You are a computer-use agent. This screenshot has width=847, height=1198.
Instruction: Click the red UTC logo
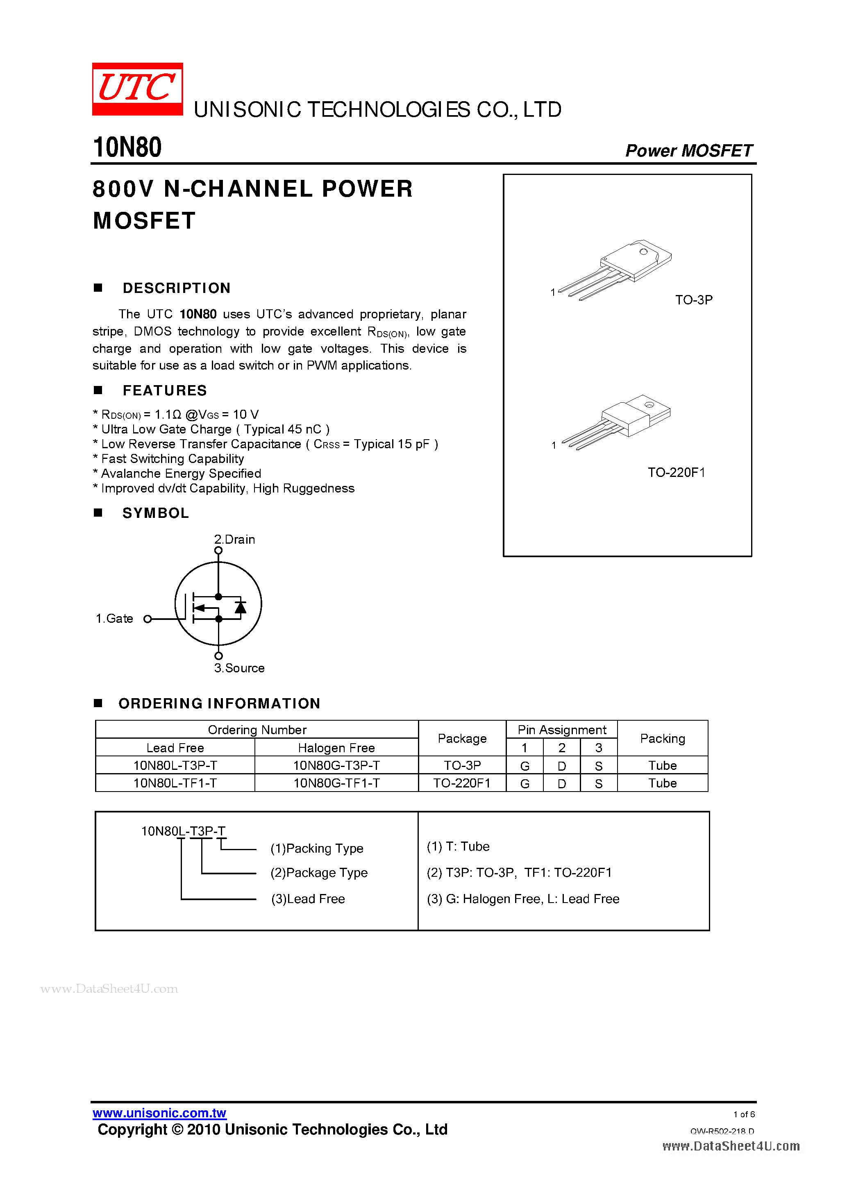(x=137, y=88)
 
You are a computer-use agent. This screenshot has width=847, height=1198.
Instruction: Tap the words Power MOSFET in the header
(x=688, y=151)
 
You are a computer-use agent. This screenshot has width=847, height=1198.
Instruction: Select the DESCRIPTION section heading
(x=176, y=288)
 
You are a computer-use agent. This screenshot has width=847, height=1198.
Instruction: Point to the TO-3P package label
(x=694, y=300)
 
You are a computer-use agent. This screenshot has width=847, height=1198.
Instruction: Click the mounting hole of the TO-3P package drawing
(x=643, y=252)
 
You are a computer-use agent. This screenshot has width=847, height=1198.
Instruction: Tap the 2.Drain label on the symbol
(x=235, y=540)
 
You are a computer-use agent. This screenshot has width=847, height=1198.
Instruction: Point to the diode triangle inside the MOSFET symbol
(x=241, y=607)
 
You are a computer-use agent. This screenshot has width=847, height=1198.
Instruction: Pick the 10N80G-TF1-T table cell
(x=336, y=783)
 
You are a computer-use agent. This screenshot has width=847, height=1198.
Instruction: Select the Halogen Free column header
(x=336, y=748)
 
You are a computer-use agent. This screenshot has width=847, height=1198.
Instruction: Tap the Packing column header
(x=662, y=738)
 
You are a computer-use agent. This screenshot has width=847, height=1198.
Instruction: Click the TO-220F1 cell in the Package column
(x=462, y=783)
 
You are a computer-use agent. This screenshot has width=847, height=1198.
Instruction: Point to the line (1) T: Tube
(x=458, y=846)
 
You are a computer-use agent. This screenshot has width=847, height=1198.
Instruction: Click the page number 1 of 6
(x=744, y=1114)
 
